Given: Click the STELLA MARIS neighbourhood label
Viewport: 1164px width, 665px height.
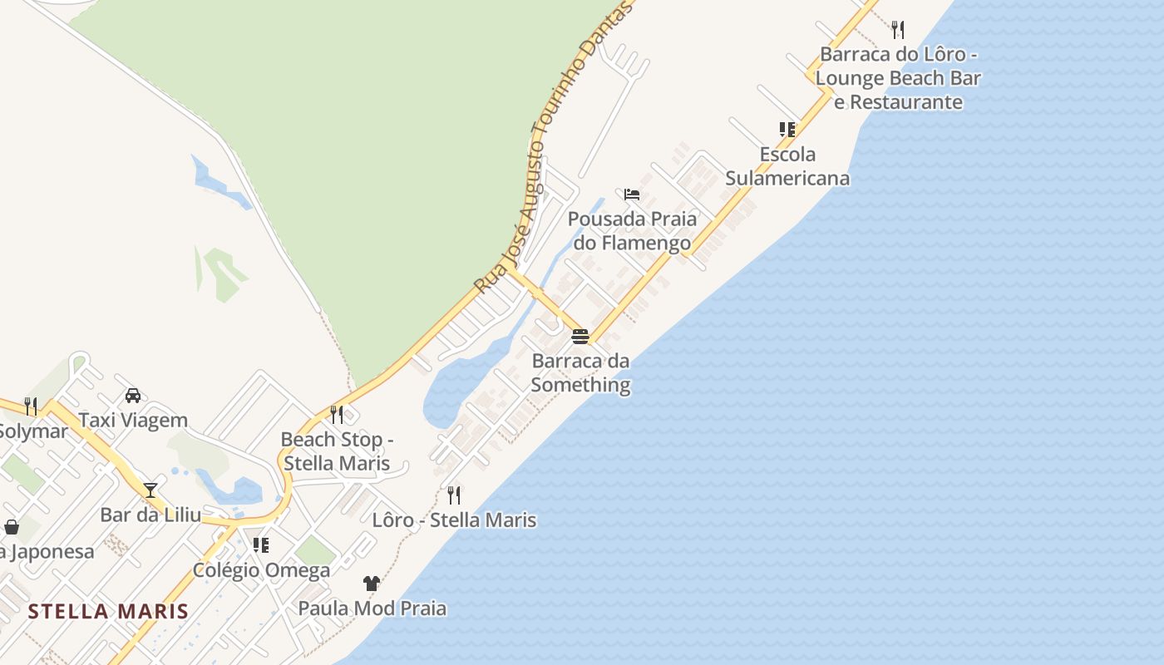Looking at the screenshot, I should [x=108, y=612].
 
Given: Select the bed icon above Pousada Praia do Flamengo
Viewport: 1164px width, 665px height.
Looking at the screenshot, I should [x=632, y=195].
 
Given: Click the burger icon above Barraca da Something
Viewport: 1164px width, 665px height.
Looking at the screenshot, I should [x=580, y=337].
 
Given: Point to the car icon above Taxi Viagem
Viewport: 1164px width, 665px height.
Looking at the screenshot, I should [x=133, y=396].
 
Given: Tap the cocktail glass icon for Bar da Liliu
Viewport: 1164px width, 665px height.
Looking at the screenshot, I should [x=150, y=490].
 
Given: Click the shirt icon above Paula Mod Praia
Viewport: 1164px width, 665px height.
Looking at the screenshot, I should [x=372, y=584].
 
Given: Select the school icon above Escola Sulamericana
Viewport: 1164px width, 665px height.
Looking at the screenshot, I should [x=787, y=130].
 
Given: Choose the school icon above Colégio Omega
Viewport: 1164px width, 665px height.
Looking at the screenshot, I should [x=261, y=545].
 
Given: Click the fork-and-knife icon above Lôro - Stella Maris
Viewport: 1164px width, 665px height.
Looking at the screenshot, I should [x=454, y=495].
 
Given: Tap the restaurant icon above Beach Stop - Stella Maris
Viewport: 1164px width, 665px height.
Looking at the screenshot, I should [x=337, y=414].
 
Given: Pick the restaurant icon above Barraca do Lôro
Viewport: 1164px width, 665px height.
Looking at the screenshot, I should [x=898, y=30].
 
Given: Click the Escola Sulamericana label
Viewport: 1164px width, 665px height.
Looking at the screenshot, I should [x=787, y=166].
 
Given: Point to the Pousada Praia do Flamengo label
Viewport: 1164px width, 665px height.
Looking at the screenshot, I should [x=632, y=231].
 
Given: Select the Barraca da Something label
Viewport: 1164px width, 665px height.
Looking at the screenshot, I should [x=580, y=373].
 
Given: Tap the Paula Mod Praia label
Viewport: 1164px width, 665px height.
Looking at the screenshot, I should [x=372, y=608].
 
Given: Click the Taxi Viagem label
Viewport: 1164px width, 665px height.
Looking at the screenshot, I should [x=133, y=421].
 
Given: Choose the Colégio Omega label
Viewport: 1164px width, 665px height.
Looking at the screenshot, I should [x=261, y=570].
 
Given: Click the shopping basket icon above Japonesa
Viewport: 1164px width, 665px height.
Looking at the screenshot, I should [x=12, y=527].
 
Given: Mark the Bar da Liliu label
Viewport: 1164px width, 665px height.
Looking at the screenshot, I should [x=150, y=515].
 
